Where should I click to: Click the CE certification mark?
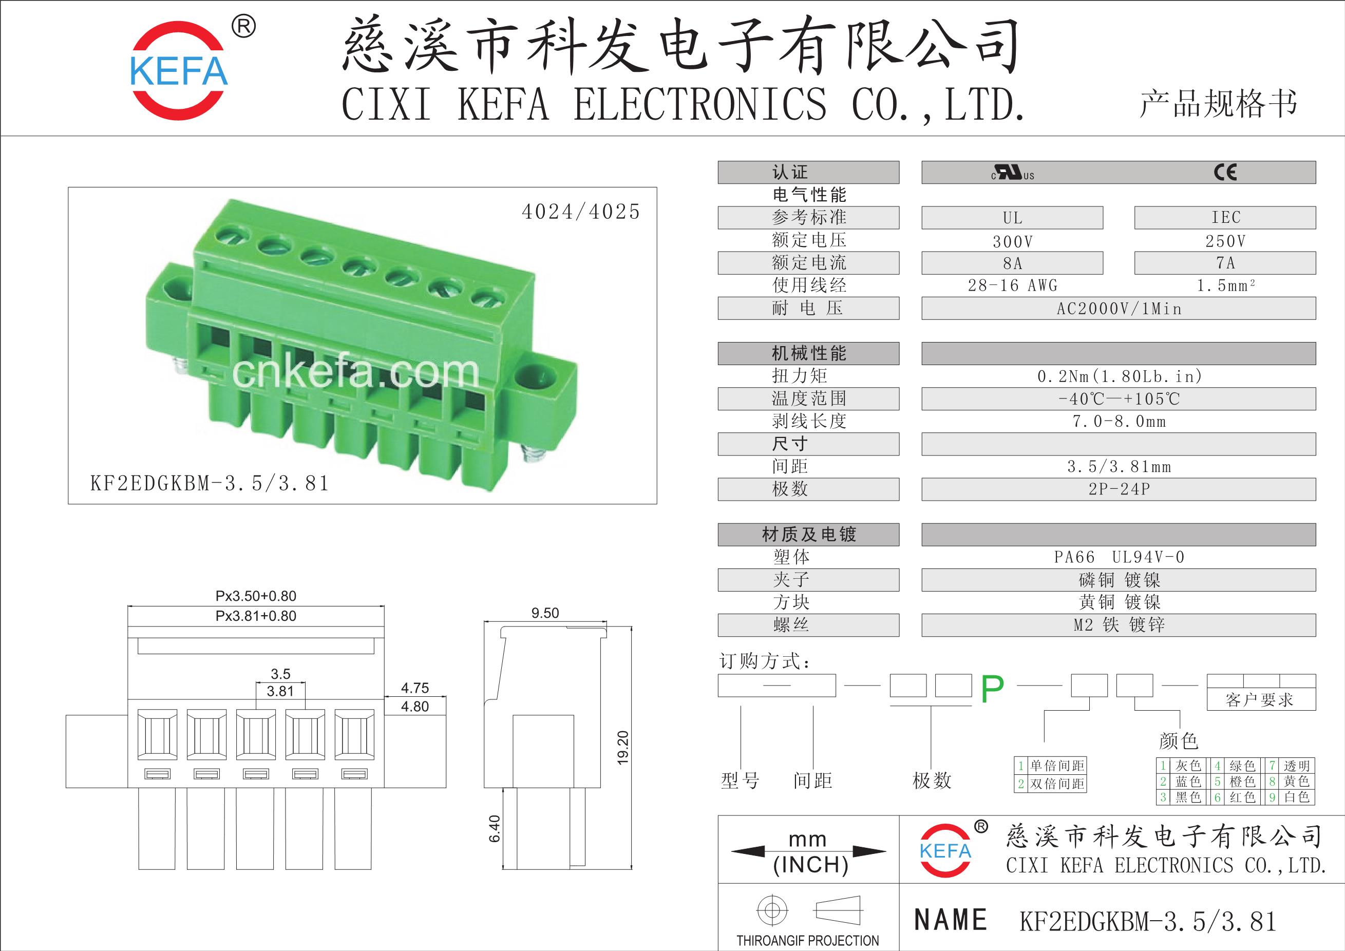[1225, 172]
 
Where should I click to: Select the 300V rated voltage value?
[1012, 241]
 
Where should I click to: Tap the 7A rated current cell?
[1225, 263]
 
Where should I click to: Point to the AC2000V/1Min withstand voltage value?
[1119, 309]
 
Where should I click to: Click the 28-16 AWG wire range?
[1012, 286]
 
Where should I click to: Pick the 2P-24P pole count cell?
[1119, 489]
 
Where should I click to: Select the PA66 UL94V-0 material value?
[1119, 557]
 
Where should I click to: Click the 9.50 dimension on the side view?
[545, 613]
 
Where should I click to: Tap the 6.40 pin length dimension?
[495, 829]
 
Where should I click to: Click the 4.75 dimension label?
[415, 688]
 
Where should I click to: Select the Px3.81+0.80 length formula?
[256, 616]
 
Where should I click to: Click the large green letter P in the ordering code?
[992, 689]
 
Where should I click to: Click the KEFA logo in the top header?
[179, 70]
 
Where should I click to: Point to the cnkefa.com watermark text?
[355, 372]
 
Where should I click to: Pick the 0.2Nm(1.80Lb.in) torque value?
[1119, 376]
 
